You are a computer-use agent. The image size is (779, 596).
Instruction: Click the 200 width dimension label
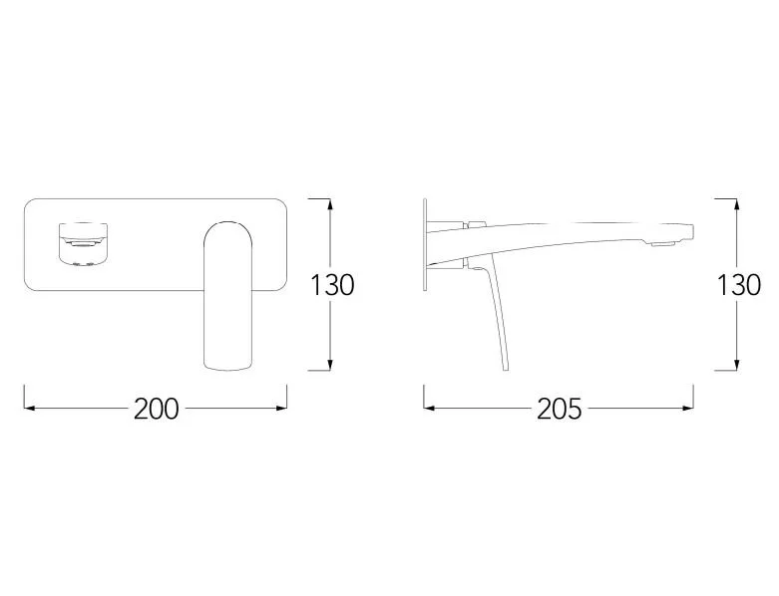[x=156, y=410]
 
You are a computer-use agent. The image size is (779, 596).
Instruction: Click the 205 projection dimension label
[x=559, y=410]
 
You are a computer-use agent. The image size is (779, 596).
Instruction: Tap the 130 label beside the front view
[x=332, y=285]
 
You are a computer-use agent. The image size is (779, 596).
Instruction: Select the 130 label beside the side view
[x=739, y=285]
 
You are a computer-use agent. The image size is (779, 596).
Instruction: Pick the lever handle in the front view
[x=228, y=295]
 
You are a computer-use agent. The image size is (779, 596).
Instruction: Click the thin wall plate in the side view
[x=425, y=245]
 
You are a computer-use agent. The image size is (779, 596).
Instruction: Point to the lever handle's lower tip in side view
[x=506, y=368]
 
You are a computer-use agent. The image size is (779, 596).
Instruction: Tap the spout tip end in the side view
[x=692, y=232]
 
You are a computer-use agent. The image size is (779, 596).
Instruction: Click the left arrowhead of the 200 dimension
[x=29, y=408]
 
